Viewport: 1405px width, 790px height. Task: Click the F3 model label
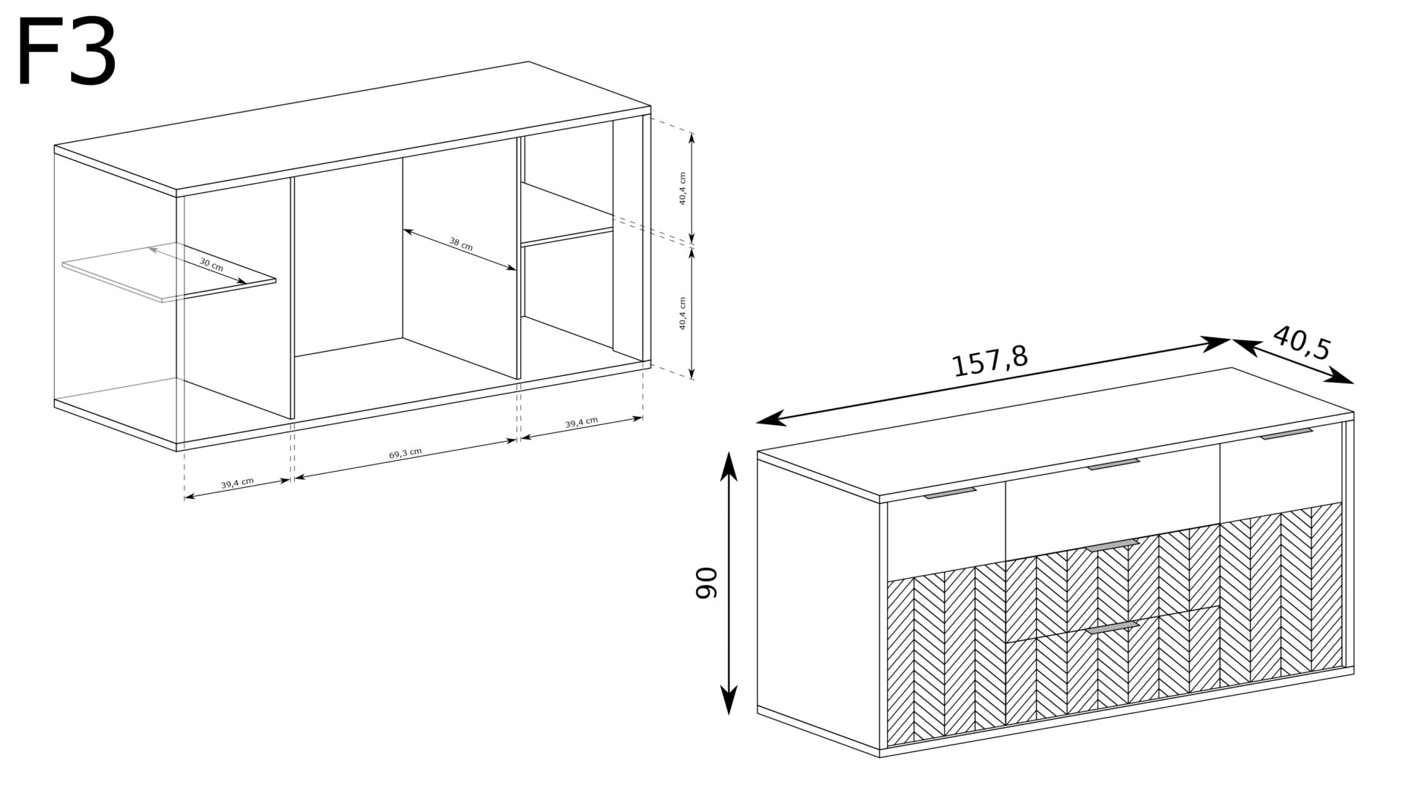[x=66, y=53]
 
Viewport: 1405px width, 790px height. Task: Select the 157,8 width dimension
[x=989, y=361]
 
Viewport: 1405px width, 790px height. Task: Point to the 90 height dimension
[x=707, y=583]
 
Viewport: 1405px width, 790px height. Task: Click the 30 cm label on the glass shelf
[x=211, y=265]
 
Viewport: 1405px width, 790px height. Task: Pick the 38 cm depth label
[x=461, y=244]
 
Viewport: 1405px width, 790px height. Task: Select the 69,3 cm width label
[x=405, y=454]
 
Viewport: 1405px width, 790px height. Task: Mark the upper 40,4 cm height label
[x=682, y=189]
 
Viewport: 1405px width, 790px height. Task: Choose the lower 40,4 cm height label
[x=682, y=314]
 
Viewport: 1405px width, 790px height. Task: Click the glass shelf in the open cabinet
[x=169, y=271]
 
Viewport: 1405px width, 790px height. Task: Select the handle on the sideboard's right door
[x=1287, y=434]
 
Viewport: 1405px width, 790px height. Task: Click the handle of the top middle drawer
[x=1114, y=464]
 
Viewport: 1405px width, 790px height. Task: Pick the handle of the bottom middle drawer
[x=1113, y=627]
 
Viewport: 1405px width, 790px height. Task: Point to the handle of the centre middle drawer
[x=1113, y=544]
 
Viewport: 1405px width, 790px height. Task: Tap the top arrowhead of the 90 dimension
[x=728, y=466]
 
